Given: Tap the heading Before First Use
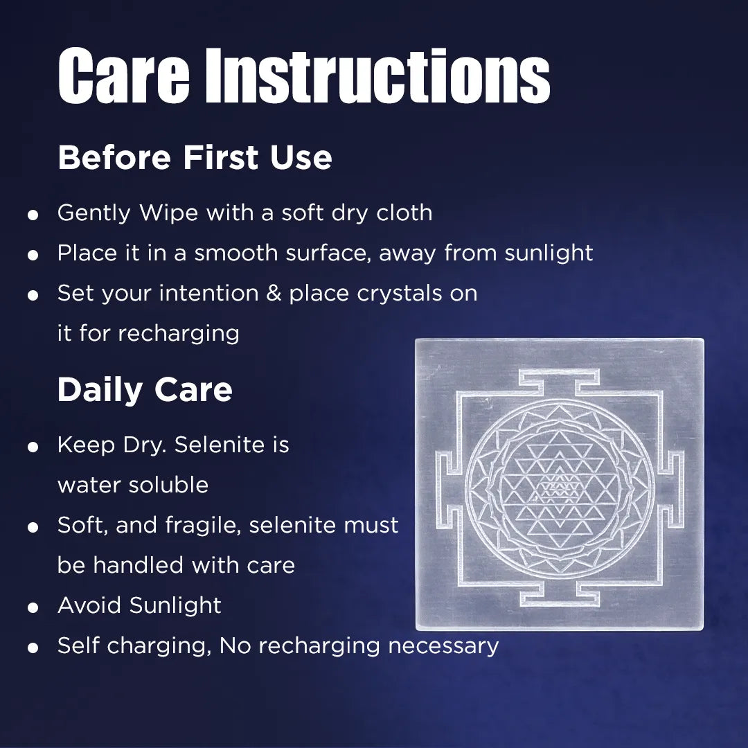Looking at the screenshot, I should point(195,158).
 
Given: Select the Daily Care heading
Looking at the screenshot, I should point(145,390).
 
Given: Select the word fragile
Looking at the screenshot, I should point(203,525).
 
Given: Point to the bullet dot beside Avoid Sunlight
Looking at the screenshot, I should point(33,609).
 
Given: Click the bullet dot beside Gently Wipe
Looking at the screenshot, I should point(33,216).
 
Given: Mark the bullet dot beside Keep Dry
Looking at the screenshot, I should point(33,448).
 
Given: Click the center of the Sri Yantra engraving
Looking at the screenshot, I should point(559,486).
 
